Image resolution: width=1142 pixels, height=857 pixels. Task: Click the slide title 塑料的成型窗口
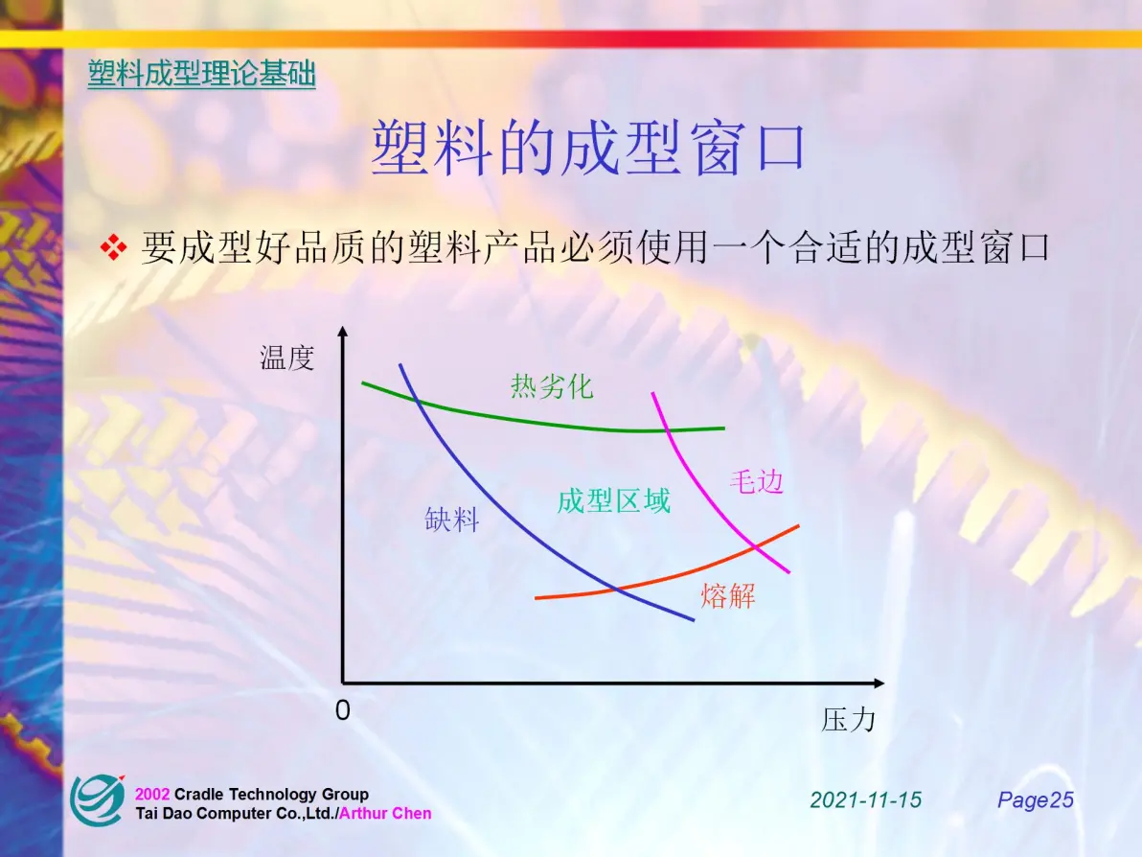(x=587, y=148)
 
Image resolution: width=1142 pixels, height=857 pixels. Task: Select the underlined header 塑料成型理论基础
(x=202, y=75)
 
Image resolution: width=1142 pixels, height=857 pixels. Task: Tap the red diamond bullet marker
(x=114, y=247)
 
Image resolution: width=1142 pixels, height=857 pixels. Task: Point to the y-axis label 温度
(x=287, y=358)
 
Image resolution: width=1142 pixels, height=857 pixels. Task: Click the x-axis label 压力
(x=849, y=720)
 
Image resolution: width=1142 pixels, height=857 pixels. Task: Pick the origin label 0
(x=342, y=709)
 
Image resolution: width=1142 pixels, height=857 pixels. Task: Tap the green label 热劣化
(x=552, y=386)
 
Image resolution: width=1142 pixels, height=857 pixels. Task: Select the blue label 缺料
(x=451, y=520)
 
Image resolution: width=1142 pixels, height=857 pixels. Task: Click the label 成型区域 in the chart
(x=613, y=501)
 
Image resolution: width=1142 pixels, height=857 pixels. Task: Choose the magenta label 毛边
(x=756, y=481)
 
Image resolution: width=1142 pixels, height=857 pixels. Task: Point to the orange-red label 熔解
(x=728, y=596)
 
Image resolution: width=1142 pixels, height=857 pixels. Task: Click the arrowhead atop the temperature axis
(x=343, y=332)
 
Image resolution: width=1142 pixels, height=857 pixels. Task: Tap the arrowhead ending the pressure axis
(x=879, y=683)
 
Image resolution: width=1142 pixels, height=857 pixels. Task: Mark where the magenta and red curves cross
(x=756, y=545)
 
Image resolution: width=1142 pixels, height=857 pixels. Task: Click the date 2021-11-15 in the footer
(x=865, y=800)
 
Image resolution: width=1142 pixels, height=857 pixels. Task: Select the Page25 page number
(x=1036, y=800)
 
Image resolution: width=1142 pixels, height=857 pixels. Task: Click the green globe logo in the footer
(x=97, y=800)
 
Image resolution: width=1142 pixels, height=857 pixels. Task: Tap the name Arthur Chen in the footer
(x=385, y=813)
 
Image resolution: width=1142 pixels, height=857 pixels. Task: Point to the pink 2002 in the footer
(x=152, y=795)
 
